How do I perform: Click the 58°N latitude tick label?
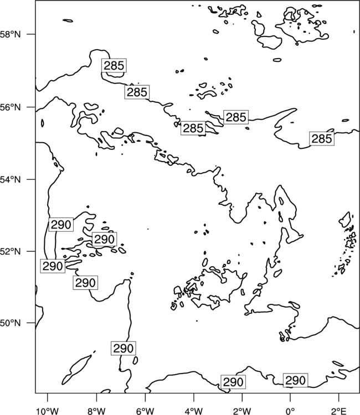pyautogui.click(x=11, y=34)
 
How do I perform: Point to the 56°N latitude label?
pyautogui.click(x=11, y=107)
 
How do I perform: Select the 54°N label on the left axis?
pyautogui.click(x=11, y=179)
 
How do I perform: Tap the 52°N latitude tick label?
pyautogui.click(x=11, y=251)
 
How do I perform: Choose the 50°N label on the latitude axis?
pyautogui.click(x=11, y=323)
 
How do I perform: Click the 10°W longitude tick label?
pyautogui.click(x=48, y=411)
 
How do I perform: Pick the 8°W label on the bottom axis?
pyautogui.click(x=96, y=411)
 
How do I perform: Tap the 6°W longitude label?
pyautogui.click(x=145, y=411)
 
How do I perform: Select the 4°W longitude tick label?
pyautogui.click(x=194, y=411)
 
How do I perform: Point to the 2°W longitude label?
pyautogui.click(x=242, y=411)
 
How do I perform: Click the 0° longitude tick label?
pyautogui.click(x=290, y=411)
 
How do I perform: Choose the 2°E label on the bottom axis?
pyautogui.click(x=339, y=411)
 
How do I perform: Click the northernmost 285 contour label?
pyautogui.click(x=114, y=65)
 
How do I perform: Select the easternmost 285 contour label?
pyautogui.click(x=322, y=139)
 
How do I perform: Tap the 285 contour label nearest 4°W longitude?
pyautogui.click(x=193, y=128)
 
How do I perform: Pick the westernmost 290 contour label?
pyautogui.click(x=53, y=266)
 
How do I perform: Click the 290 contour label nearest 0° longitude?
pyautogui.click(x=295, y=381)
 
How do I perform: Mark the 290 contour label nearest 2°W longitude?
pyautogui.click(x=233, y=382)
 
